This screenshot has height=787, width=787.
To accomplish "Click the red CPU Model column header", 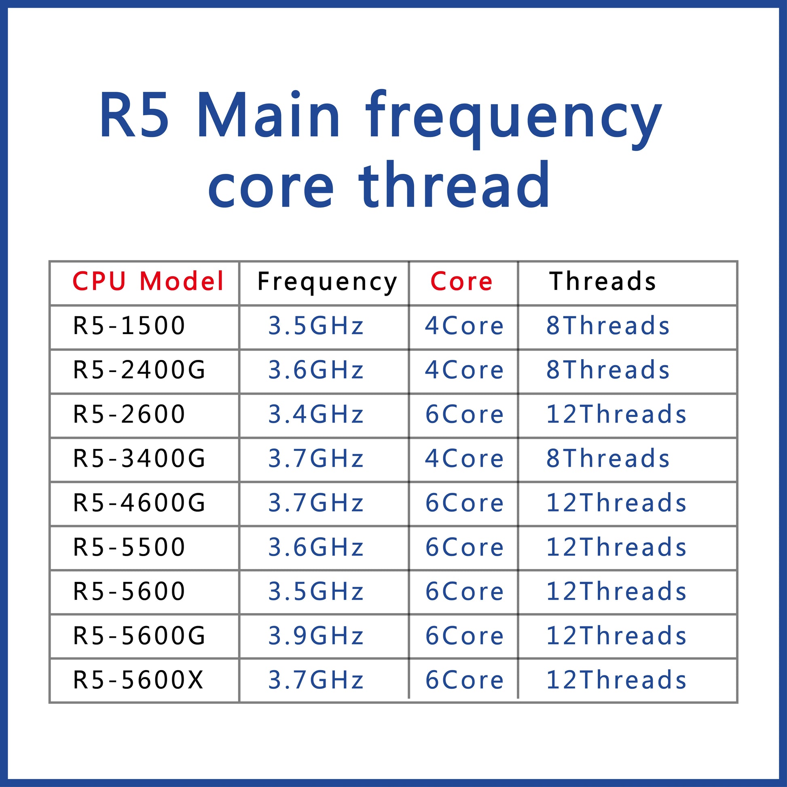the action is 148,281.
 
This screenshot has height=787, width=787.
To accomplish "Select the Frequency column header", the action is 327,282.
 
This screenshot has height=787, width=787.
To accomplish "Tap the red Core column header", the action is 461,281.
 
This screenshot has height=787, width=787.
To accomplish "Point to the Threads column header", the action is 603,281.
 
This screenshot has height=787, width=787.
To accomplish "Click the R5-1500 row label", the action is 129,326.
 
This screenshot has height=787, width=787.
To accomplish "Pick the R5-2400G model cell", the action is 139,370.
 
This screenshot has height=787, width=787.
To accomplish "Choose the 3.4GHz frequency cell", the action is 315,414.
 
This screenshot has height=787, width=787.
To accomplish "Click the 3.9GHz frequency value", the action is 315,635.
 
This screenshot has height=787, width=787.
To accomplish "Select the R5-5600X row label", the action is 138,680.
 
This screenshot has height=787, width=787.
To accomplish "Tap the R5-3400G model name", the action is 139,458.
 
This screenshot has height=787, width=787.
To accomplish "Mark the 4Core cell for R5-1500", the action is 464,326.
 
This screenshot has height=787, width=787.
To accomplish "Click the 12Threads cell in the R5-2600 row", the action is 616,414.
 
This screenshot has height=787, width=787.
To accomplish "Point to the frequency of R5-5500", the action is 315,547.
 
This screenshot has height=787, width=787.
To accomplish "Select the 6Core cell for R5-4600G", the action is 464,503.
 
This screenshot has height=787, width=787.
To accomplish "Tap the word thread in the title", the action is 454,185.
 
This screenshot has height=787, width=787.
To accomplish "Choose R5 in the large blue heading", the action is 134,115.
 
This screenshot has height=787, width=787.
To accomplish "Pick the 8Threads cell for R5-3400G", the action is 608,458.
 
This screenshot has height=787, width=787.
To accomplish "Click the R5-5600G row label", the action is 139,635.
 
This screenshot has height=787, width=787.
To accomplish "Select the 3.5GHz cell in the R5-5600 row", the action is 315,591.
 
